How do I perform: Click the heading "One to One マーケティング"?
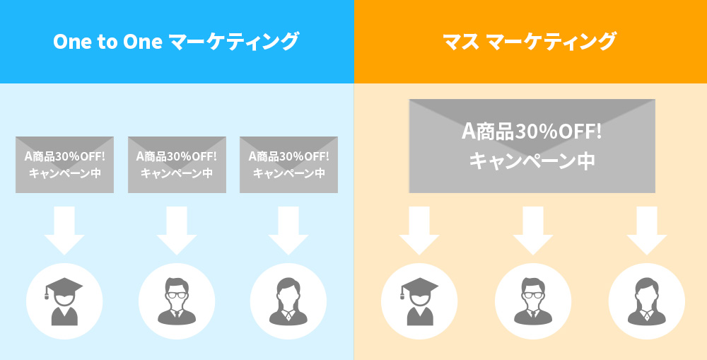tap(175, 42)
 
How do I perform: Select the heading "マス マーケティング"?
tap(530, 42)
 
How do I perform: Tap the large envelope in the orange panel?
tap(532, 146)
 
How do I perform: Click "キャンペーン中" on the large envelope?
tap(532, 161)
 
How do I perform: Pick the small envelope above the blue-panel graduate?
tap(64, 164)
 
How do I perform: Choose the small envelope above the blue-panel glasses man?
tap(177, 164)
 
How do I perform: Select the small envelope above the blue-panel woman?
tap(288, 164)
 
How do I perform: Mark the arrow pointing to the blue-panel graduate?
tap(64, 231)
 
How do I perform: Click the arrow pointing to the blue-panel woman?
tap(288, 231)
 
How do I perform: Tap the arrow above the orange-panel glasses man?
tap(532, 231)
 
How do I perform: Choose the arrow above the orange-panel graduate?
tap(419, 231)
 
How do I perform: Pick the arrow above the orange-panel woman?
tap(646, 231)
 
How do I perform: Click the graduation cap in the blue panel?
tap(63, 287)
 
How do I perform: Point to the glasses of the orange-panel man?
tap(532, 294)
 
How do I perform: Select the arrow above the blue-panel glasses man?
tap(177, 231)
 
